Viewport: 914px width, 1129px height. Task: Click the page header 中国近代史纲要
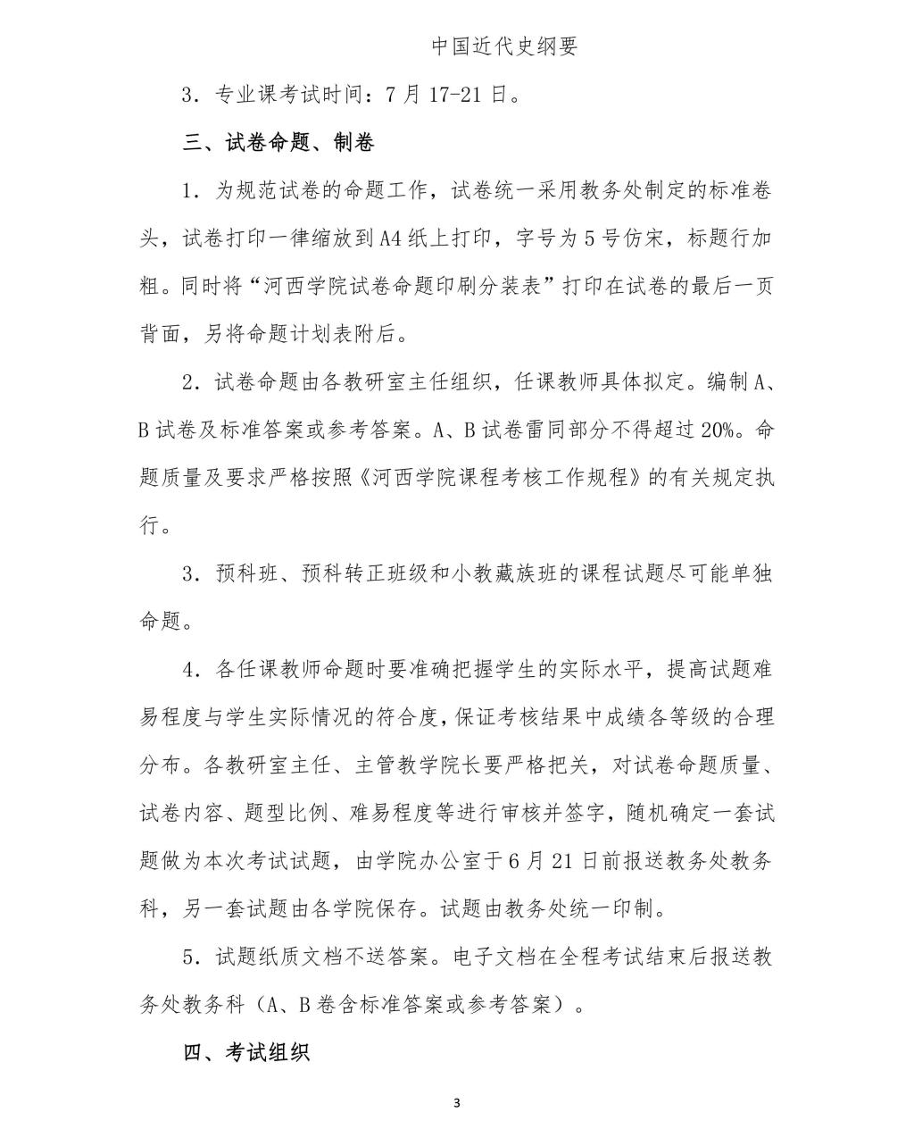tap(505, 46)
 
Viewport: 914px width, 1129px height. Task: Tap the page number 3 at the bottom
tap(456, 1102)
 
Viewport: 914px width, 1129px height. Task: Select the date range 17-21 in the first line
tap(461, 95)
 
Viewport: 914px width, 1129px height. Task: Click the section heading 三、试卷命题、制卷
tap(278, 143)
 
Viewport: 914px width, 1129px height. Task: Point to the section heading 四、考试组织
tap(246, 1052)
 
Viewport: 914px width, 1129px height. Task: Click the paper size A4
tap(393, 239)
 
